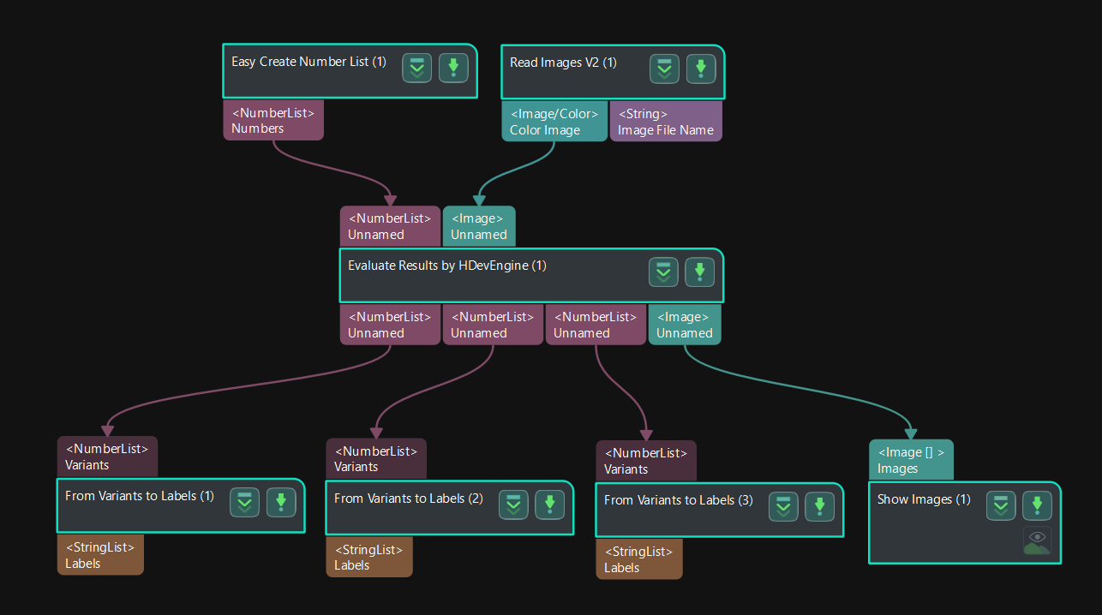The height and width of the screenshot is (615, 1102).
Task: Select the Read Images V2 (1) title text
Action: pyautogui.click(x=563, y=63)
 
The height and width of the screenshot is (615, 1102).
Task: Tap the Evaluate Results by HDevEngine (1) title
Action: pyautogui.click(x=446, y=266)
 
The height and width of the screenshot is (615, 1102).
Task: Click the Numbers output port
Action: pyautogui.click(x=273, y=120)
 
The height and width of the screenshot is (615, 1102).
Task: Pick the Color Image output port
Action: pyautogui.click(x=554, y=122)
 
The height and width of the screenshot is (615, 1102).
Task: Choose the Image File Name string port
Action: pyautogui.click(x=666, y=122)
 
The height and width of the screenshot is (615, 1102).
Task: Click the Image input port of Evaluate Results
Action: pyautogui.click(x=479, y=226)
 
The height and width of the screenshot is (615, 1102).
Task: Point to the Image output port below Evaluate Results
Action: pyautogui.click(x=685, y=325)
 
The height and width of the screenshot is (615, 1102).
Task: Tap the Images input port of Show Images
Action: pyautogui.click(x=911, y=460)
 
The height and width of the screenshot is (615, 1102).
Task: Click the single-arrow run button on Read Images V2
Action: pyautogui.click(x=701, y=69)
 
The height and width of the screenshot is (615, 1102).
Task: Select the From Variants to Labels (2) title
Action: pyautogui.click(x=409, y=499)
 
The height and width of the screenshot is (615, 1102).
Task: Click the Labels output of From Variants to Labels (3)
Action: pyautogui.click(x=639, y=559)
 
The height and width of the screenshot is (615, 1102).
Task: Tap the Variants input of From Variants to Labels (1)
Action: pyautogui.click(x=107, y=457)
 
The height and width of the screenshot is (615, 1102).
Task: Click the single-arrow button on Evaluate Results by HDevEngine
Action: pyautogui.click(x=699, y=272)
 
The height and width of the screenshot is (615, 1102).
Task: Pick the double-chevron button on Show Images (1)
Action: pyautogui.click(x=1001, y=505)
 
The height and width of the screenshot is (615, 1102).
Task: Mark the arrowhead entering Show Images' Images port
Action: pyautogui.click(x=910, y=433)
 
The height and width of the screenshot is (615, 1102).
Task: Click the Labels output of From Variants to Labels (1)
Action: pyautogui.click(x=100, y=555)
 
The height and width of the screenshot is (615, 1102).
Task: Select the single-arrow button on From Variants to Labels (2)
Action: pyautogui.click(x=550, y=505)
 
